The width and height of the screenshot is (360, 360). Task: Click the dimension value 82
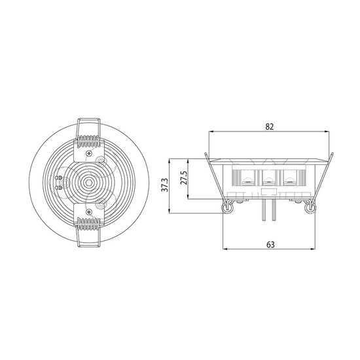[270, 127]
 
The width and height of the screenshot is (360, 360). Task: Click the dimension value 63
[270, 245]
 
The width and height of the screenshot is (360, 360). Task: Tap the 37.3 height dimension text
[165, 185]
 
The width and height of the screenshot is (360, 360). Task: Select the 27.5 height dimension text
[184, 177]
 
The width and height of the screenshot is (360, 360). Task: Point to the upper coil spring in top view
[88, 141]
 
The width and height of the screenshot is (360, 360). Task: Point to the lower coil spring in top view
[88, 224]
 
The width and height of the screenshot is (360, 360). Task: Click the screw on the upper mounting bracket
[89, 153]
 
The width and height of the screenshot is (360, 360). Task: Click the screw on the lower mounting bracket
[89, 211]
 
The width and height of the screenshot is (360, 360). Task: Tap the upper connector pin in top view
[59, 177]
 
